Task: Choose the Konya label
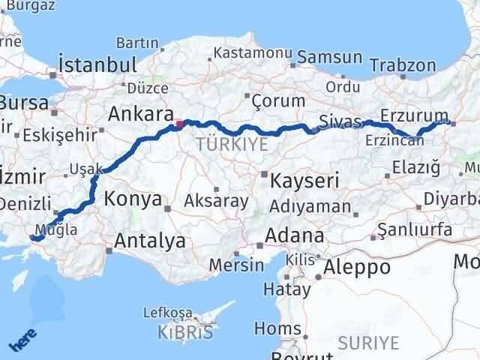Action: point(134,199)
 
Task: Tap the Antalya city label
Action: point(150,241)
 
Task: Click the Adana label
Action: point(298,235)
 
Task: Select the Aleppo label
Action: point(357,266)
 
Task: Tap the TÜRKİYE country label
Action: point(231,144)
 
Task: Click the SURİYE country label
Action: point(369,343)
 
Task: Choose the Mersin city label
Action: point(236,265)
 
